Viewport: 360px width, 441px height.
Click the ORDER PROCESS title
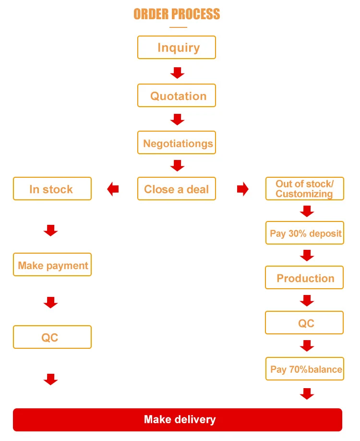coord(177,14)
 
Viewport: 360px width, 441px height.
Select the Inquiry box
coord(177,47)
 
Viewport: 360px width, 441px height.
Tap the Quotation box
coord(177,95)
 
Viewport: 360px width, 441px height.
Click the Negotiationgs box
coord(177,142)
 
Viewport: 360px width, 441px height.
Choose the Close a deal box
coord(177,188)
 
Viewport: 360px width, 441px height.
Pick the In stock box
coord(52,188)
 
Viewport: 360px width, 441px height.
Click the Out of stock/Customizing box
coord(305,188)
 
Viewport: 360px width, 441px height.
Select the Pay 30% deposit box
coord(305,233)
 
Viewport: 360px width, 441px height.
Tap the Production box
coord(304,277)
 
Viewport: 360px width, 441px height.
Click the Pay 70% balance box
coord(305,369)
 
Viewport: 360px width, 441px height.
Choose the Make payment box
coord(52,264)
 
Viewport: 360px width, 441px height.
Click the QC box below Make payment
coord(52,337)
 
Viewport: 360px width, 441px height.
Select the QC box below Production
coord(304,323)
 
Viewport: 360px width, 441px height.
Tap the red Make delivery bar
coord(178,420)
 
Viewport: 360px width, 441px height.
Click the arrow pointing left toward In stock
coord(113,189)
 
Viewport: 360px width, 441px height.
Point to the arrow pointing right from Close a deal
coord(243,189)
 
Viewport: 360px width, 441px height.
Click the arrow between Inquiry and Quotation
coord(177,73)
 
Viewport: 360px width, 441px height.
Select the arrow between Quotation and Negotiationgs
coord(177,120)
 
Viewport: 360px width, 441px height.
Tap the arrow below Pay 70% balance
coord(307,394)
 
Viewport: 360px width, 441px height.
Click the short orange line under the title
coord(178,27)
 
